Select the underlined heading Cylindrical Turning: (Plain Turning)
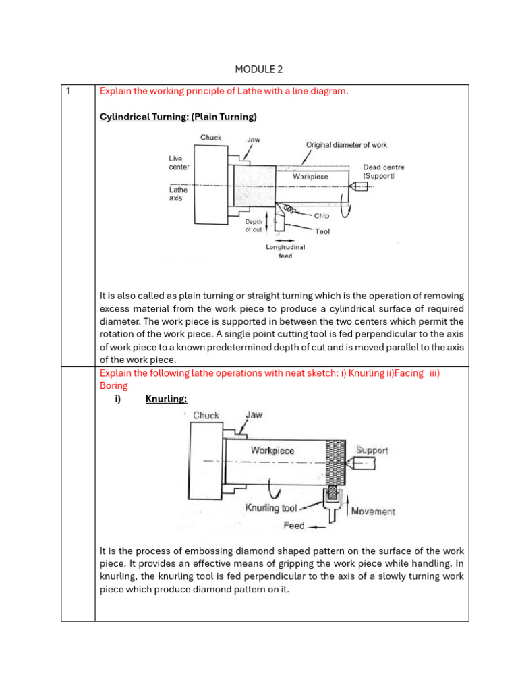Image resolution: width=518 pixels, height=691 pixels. [x=178, y=117]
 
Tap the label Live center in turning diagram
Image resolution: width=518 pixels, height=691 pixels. [x=179, y=162]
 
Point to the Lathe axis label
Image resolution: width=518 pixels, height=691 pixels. [x=178, y=194]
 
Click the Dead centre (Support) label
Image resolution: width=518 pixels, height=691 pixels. [x=384, y=171]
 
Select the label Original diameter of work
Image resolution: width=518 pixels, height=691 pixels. [x=346, y=144]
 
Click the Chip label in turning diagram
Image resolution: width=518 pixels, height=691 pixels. [x=321, y=216]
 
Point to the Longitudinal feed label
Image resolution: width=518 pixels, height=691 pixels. [x=285, y=251]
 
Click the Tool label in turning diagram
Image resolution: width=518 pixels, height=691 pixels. [x=322, y=231]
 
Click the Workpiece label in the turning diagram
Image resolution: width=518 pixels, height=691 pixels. [x=310, y=176]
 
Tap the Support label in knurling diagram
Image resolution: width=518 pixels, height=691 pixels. [x=372, y=450]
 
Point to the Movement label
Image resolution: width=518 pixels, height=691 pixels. [x=374, y=511]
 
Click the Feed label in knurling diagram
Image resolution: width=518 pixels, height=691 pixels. [x=294, y=525]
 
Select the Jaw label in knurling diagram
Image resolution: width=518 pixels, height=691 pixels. [x=254, y=415]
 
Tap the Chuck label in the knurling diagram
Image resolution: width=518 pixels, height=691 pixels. [x=206, y=415]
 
